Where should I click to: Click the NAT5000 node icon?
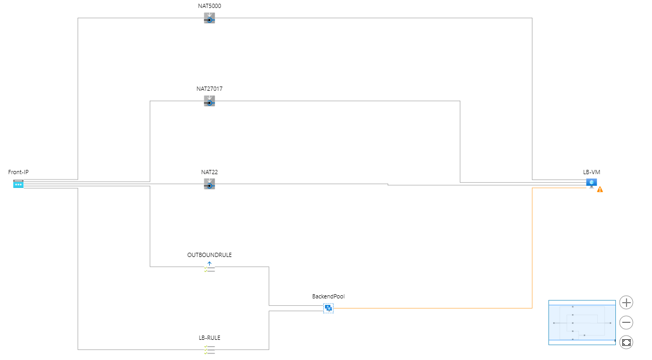(x=209, y=18)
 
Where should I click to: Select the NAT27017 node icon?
(x=209, y=101)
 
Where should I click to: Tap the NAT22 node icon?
(x=209, y=184)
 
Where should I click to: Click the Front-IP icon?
(x=19, y=184)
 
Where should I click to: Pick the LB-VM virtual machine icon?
(x=591, y=183)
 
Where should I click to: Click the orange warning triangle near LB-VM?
(x=600, y=189)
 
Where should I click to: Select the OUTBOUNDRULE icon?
(x=209, y=267)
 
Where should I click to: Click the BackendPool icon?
(x=328, y=308)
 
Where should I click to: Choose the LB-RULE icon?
(x=209, y=349)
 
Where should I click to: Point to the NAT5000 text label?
(x=209, y=6)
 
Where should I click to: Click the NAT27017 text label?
(x=209, y=89)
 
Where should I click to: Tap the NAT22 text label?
(x=209, y=172)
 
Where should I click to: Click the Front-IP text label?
(x=19, y=172)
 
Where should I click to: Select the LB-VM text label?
(x=591, y=172)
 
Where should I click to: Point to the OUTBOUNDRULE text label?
(x=209, y=255)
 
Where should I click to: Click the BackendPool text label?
(x=328, y=296)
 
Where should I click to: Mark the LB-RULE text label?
(x=209, y=338)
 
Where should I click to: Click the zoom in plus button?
(x=627, y=303)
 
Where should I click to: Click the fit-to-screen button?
(x=627, y=342)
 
